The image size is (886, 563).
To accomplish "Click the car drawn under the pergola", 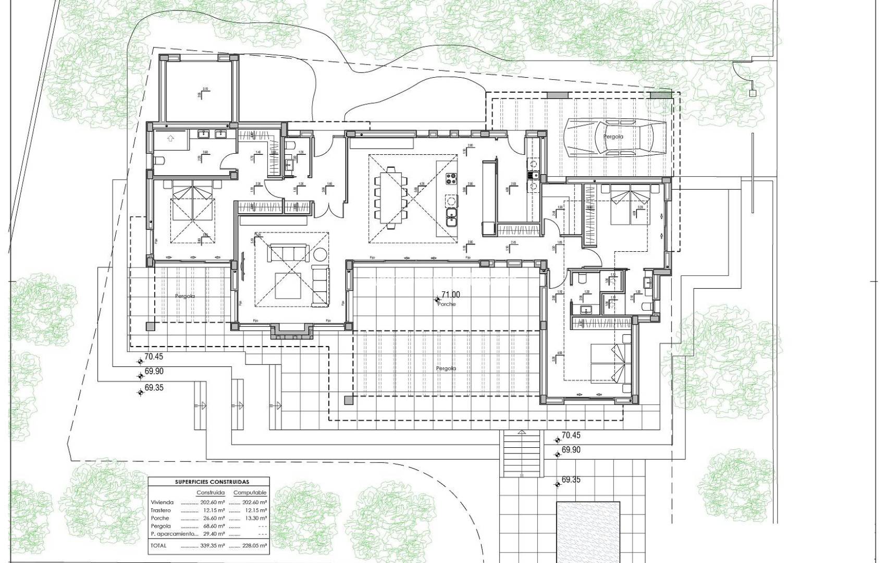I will [616, 137].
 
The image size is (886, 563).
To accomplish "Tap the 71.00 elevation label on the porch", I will [451, 295].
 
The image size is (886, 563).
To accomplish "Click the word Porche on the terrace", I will [447, 304].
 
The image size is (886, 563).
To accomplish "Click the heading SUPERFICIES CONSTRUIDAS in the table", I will [208, 482].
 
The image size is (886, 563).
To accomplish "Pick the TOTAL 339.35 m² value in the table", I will [213, 545].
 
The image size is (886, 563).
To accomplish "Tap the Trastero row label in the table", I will [161, 510].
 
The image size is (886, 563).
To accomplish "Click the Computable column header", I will [250, 493].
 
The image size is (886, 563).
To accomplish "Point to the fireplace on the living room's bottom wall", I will [291, 332].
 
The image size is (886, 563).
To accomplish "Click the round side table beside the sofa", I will [319, 255].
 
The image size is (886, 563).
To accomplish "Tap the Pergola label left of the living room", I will [185, 296].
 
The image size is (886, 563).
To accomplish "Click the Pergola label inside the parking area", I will [613, 137].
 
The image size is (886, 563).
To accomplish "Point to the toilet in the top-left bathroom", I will [159, 160].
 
